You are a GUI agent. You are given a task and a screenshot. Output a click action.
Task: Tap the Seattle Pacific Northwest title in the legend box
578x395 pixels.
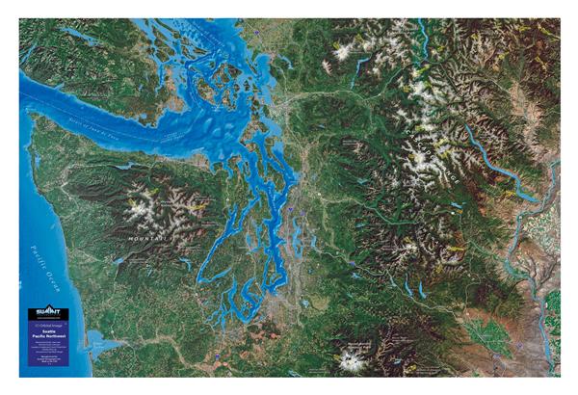(47, 334)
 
